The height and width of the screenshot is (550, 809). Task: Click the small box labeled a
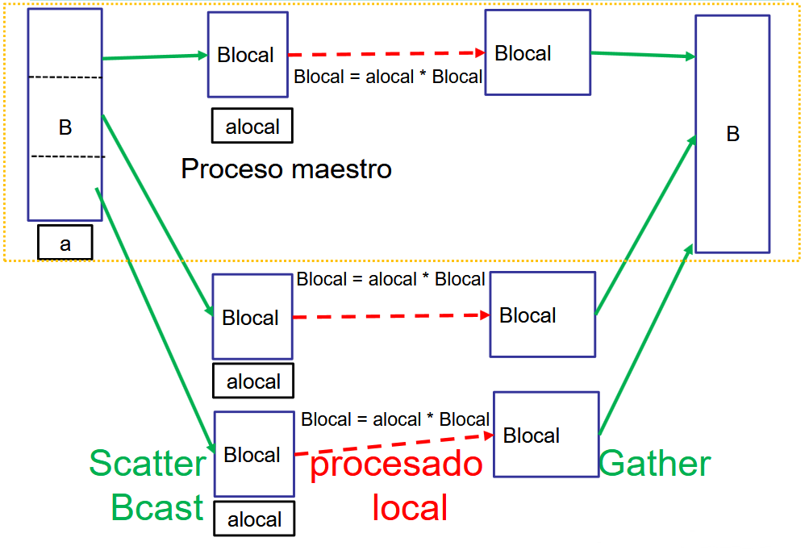tap(65, 244)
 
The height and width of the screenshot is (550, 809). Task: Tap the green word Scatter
tap(148, 464)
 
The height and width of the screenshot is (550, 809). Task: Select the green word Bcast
tap(157, 507)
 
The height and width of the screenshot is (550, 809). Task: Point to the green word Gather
tap(655, 464)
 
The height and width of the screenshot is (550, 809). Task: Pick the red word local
tap(410, 507)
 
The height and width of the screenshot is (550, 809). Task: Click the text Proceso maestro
tap(286, 169)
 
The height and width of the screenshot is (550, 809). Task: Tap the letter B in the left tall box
tap(65, 127)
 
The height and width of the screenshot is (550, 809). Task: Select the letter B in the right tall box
tap(732, 134)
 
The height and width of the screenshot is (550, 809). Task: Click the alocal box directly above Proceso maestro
tap(252, 127)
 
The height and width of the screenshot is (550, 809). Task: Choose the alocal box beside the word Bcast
tap(254, 519)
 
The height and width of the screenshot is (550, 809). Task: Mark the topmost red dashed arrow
tap(387, 54)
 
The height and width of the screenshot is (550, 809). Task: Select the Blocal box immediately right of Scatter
tap(253, 454)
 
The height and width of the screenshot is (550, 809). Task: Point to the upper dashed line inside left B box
tap(65, 77)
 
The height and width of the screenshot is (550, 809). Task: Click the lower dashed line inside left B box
tap(67, 156)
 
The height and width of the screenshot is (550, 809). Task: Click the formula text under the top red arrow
tap(388, 77)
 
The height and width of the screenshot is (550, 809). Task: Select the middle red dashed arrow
tap(391, 316)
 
